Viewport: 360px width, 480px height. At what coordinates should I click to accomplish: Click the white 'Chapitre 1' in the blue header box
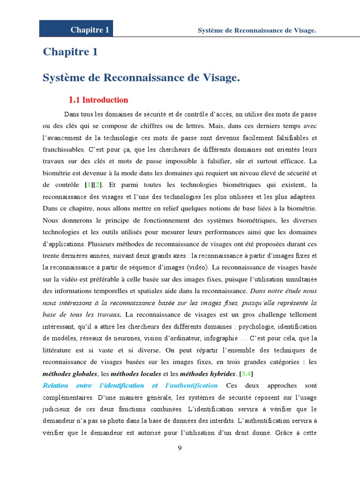pos(90,30)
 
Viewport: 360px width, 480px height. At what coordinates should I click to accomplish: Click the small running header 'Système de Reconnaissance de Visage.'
pos(257,30)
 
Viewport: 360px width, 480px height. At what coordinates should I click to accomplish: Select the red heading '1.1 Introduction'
pos(98,100)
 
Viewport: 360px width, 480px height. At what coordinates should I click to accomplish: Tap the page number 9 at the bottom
pos(180,448)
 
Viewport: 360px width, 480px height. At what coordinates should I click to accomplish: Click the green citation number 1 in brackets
pos(88,185)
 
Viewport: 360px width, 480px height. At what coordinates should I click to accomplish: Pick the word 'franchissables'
pos(63,150)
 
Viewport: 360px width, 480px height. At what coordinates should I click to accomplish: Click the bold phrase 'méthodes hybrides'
pos(208,374)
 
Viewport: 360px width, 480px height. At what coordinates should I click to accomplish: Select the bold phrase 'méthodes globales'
pos(70,374)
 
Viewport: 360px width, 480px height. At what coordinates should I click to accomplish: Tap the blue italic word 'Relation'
pos(55,386)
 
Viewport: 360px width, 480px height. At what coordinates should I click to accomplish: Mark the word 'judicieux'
pos(58,409)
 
